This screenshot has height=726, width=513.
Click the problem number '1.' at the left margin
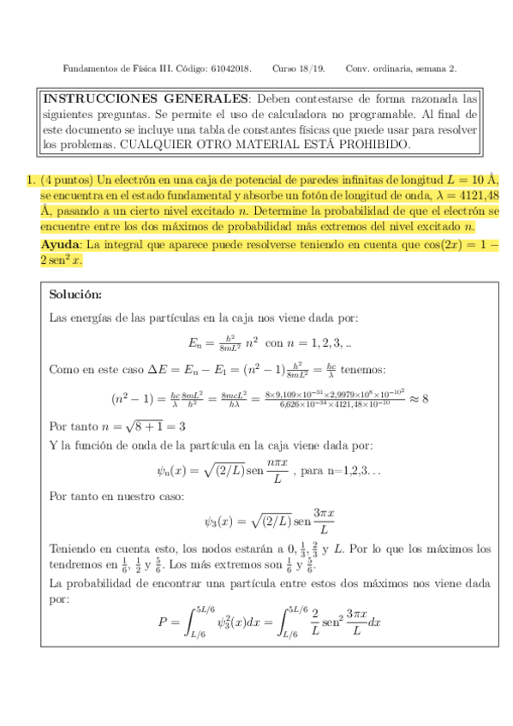coord(31,181)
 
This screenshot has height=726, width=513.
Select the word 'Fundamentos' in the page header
coord(91,68)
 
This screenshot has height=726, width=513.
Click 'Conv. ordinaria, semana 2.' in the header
coord(401,68)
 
